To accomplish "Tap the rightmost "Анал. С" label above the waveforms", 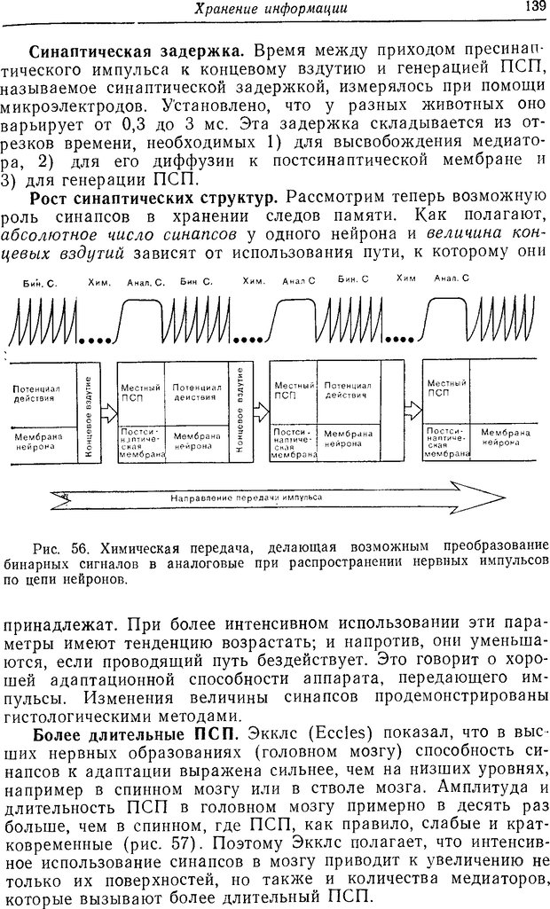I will click(452, 278).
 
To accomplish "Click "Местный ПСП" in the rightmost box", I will click(438, 388).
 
